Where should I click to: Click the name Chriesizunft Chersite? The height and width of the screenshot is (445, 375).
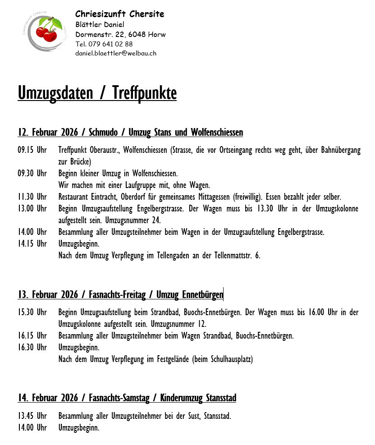(119, 14)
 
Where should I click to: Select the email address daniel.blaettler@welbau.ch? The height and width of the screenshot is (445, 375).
(116, 53)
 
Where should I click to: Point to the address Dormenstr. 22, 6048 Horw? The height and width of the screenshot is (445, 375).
(120, 34)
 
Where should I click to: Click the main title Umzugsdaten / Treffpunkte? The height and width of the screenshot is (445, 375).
(97, 93)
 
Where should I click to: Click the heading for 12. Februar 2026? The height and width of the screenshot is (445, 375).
(130, 133)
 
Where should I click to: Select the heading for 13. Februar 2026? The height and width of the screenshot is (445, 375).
(120, 295)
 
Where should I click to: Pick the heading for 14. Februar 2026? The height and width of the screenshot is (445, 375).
(127, 398)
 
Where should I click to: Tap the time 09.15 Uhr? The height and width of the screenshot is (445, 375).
(32, 150)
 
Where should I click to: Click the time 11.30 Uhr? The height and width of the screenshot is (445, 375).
(32, 197)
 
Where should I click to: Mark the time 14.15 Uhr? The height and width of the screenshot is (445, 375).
(32, 244)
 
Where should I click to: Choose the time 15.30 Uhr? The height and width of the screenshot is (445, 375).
(32, 312)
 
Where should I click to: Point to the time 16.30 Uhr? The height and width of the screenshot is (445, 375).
(32, 348)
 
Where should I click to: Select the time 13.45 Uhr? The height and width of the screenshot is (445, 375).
(32, 416)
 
